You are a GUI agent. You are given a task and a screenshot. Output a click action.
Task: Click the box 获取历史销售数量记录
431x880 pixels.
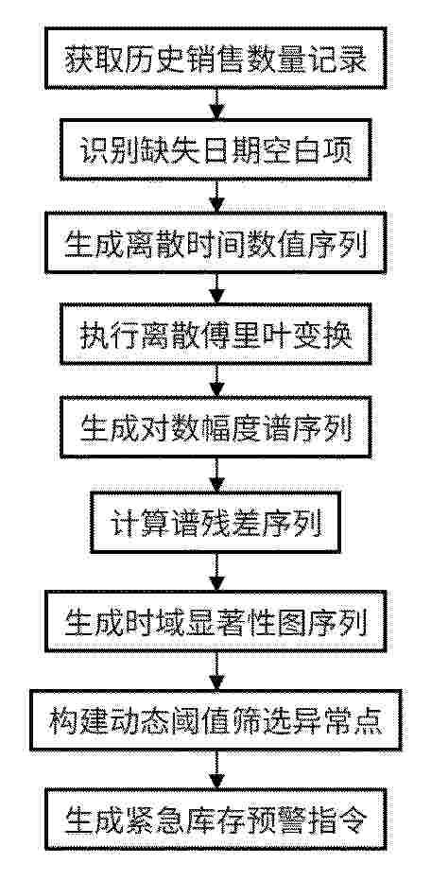click(x=216, y=59)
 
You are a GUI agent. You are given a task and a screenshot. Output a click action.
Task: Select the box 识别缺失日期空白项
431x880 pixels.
click(x=216, y=149)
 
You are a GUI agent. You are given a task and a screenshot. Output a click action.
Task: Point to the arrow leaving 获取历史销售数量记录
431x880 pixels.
click(x=216, y=104)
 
